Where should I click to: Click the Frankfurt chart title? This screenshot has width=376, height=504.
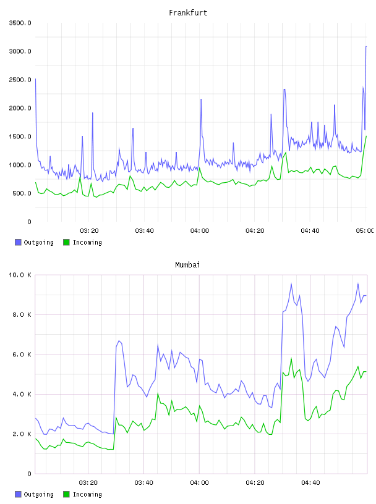coord(188,13)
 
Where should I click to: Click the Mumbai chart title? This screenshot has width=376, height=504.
coord(187,265)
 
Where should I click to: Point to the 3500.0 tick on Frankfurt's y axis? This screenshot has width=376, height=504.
coord(20,23)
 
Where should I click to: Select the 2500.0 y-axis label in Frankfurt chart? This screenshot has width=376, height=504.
coord(20,80)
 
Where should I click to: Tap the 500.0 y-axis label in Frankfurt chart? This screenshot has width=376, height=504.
coord(22,193)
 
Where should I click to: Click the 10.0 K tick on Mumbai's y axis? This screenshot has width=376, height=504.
coord(20,275)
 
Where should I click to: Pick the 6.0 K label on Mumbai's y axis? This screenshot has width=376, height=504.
coord(22,354)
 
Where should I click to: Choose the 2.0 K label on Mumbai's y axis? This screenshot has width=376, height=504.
coord(22,434)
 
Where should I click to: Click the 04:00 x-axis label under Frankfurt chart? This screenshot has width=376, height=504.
coord(200,231)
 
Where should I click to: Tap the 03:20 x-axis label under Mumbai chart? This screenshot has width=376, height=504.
coord(88,483)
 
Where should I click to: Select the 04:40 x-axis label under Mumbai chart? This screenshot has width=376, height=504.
coord(310,483)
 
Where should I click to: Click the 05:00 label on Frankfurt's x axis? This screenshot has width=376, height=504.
coord(365,231)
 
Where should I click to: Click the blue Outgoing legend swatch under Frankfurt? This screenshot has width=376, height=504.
coord(18,242)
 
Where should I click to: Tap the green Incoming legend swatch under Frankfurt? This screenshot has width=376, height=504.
coord(66,242)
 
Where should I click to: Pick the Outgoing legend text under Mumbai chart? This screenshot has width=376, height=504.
coord(38,494)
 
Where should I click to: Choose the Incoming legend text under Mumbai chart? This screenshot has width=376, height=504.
coord(87,494)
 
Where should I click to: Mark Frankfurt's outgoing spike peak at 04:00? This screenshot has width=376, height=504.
coord(201,99)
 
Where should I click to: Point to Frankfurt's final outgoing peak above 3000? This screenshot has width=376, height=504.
coord(366,46)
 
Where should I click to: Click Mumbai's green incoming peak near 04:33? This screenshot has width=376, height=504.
coord(291,358)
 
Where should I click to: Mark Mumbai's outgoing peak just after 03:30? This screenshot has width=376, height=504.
coord(119,341)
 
